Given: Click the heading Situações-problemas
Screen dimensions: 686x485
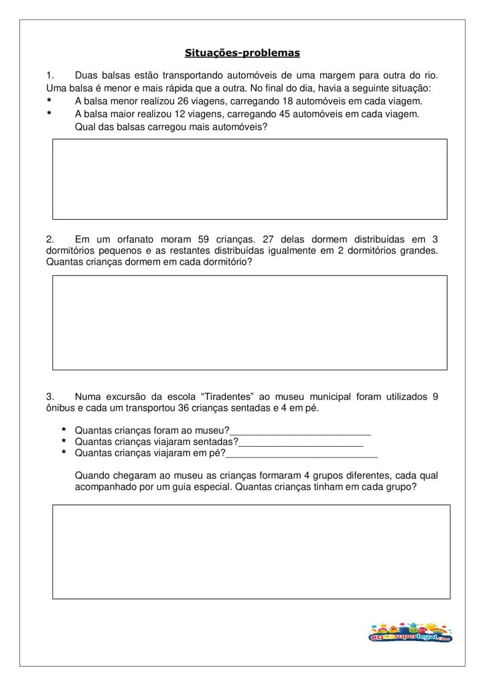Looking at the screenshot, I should [242, 52].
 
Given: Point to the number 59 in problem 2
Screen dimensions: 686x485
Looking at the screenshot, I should [204, 238].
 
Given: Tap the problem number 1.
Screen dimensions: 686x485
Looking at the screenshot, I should [50, 76].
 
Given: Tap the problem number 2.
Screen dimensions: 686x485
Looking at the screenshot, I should [50, 238].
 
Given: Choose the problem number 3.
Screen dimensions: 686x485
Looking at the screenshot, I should [50, 397].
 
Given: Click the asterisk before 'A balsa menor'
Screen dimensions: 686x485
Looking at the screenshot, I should [49, 101].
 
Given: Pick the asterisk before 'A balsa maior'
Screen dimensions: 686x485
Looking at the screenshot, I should [49, 114].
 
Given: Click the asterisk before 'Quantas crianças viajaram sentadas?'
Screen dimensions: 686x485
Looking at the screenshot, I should [64, 443].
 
